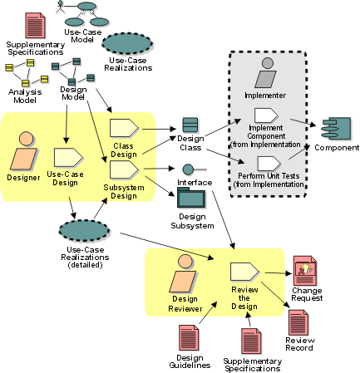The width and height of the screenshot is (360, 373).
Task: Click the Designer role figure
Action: coord(23,151)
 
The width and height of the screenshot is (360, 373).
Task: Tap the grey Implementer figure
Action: coord(266,72)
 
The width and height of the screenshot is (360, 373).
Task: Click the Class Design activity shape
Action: coord(124,128)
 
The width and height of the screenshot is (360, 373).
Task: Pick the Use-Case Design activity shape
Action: coord(68,158)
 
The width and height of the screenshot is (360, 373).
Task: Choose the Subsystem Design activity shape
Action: coord(124,170)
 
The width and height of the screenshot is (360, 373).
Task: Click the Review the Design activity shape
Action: coord(244,272)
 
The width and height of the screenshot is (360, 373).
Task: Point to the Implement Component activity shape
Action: coord(266,115)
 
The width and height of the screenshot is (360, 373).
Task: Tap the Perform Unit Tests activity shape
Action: coord(269,164)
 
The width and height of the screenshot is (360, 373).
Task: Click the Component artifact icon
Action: coord(336,129)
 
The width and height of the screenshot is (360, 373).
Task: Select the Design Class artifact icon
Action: coord(190,125)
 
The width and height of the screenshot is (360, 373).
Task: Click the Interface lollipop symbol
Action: coord(194,169)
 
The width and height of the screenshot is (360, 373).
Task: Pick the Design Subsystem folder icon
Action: coord(191,198)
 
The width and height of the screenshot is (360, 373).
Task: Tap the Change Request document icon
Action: coord(305,271)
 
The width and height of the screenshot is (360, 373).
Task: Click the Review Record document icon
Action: coord(298,322)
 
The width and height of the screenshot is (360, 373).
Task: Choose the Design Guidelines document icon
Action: coord(189,338)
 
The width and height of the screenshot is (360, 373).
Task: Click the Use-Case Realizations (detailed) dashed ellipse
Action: coord(84,231)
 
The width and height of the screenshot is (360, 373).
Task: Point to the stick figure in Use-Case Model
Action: coord(61,7)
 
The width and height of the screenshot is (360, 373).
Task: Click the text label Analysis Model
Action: coord(25,96)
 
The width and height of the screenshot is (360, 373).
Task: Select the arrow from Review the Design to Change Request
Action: coord(279,273)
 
